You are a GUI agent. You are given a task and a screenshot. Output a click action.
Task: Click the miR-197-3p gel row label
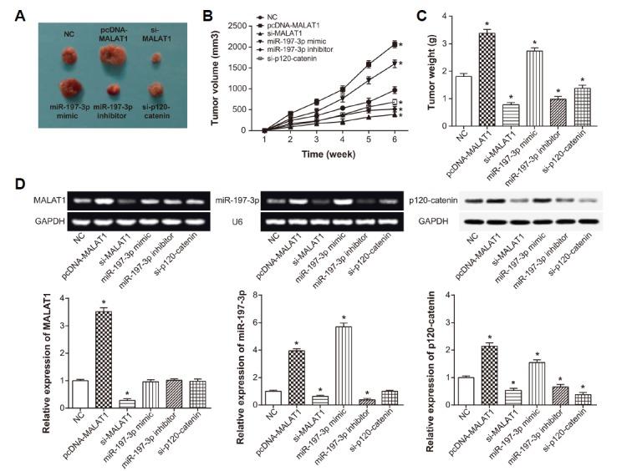coord(238,200)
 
